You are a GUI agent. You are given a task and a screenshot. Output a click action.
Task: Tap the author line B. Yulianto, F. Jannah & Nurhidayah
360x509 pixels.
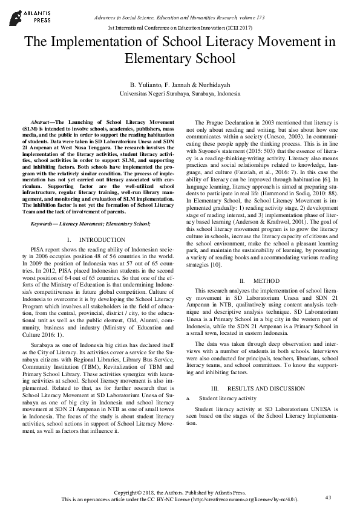pyautogui.click(x=180, y=85)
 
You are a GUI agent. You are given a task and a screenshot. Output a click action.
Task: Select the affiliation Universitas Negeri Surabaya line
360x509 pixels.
pyautogui.click(x=180, y=94)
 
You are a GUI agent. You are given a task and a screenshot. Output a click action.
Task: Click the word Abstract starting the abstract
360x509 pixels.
pyautogui.click(x=42, y=122)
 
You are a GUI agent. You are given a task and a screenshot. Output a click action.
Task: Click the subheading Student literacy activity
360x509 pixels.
pyautogui.click(x=227, y=398)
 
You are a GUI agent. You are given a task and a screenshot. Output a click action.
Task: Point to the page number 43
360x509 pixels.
pyautogui.click(x=329, y=497)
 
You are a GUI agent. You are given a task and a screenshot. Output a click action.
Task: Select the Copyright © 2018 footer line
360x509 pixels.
pyautogui.click(x=180, y=493)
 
